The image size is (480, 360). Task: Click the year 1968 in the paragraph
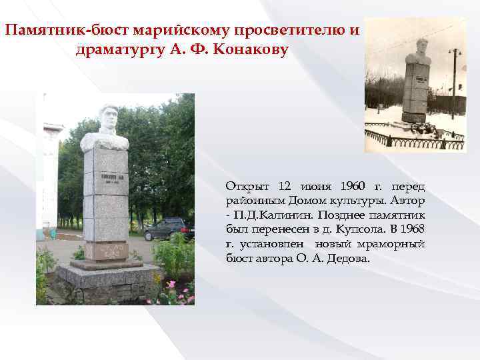[411, 229]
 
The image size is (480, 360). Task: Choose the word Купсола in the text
[359, 229]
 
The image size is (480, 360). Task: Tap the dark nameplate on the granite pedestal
[105, 180]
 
